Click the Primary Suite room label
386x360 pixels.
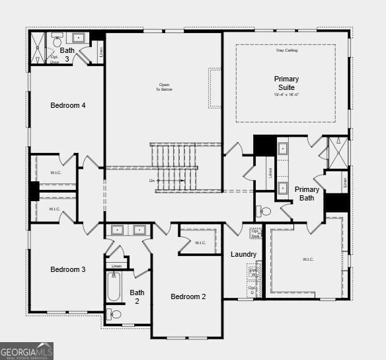[x=286, y=83]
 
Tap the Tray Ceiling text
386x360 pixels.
[x=286, y=50]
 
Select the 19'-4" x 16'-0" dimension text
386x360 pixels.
[x=286, y=95]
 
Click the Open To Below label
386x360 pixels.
[x=164, y=87]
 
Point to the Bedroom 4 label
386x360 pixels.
[x=68, y=105]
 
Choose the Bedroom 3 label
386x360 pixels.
[x=68, y=269]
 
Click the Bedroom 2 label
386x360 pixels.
[x=188, y=296]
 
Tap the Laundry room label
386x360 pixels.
[x=243, y=254]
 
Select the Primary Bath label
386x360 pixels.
[x=307, y=193]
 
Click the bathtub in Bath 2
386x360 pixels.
[x=114, y=286]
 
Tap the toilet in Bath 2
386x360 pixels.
[x=114, y=314]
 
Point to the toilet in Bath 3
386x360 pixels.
[x=56, y=37]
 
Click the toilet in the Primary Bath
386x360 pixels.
[x=264, y=212]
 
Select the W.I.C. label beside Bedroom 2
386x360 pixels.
[x=200, y=243]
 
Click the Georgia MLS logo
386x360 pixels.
[x=26, y=351]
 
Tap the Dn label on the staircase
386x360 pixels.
[x=151, y=180]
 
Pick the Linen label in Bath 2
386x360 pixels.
[x=116, y=266]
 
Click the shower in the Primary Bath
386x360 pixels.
[x=338, y=150]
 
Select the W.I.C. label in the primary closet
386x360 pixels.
[x=308, y=259]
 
